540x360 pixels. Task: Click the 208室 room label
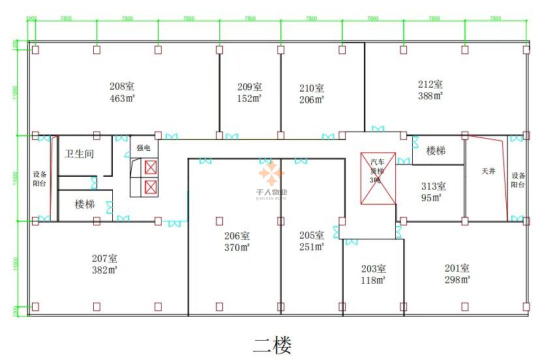[x=122, y=86]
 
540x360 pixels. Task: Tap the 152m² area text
[x=249, y=98]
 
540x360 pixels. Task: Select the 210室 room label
[x=311, y=88]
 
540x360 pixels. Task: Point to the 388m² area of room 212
[x=430, y=95]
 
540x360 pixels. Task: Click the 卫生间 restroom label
[x=79, y=154]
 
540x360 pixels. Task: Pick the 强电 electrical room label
[x=143, y=148]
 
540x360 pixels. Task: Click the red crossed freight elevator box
[x=378, y=178]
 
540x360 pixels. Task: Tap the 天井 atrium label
[x=488, y=171]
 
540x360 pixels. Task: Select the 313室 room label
[x=433, y=186]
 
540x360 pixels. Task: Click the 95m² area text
[x=430, y=197]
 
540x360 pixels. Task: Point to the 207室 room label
[x=104, y=258]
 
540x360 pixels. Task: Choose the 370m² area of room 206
[x=236, y=247]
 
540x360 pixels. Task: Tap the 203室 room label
[x=373, y=268]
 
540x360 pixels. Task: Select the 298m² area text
[x=457, y=280]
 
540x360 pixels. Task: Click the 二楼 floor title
[x=272, y=344]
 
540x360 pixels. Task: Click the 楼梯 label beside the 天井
[x=435, y=150]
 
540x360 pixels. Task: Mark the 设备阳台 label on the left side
[x=39, y=179]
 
